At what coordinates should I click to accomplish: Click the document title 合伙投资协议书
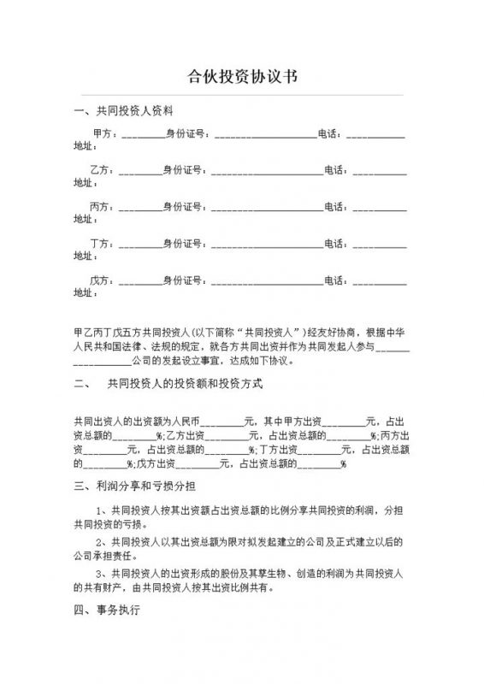point(242,76)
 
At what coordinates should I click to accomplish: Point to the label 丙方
point(100,206)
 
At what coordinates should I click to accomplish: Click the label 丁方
point(100,243)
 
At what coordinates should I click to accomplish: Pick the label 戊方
point(100,280)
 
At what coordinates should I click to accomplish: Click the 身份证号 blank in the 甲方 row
point(264,136)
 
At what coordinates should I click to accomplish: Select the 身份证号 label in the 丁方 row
point(183,243)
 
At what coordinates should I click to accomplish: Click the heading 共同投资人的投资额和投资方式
point(177,384)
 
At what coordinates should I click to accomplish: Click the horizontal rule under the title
point(242,94)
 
